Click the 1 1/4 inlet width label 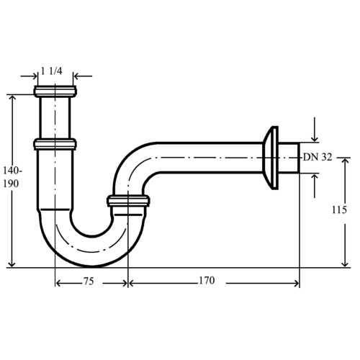point(52,71)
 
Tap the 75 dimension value point(89,282)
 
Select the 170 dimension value point(207,280)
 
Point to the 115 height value point(339,210)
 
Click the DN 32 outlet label point(318,157)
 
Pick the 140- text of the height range point(12,171)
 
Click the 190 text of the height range point(11,184)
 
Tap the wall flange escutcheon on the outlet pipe point(271,158)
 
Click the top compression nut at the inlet point(55,91)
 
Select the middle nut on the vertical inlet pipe point(55,144)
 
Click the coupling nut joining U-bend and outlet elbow point(128,201)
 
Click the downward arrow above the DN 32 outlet point(315,130)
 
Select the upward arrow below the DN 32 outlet point(315,186)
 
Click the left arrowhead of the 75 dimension point(58,284)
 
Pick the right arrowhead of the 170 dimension point(297,284)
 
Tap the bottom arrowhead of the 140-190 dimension point(12,264)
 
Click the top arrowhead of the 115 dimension point(345,161)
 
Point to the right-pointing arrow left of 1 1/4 point(29,76)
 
